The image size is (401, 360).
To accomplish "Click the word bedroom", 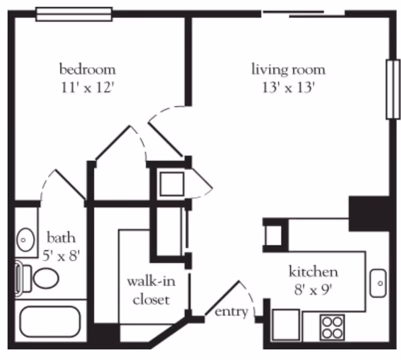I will (x=88, y=68).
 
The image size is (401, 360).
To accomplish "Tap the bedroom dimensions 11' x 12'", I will (x=88, y=88).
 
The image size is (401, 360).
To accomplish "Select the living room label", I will (x=288, y=69).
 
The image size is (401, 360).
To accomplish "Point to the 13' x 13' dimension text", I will (x=288, y=88).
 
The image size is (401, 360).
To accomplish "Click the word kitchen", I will (x=313, y=272).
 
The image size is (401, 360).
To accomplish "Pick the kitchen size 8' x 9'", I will (x=313, y=289).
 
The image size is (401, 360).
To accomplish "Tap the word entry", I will (x=231, y=312).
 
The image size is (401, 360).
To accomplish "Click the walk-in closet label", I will (x=148, y=290).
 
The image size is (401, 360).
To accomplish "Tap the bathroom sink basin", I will (x=24, y=239).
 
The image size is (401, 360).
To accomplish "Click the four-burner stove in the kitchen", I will (x=332, y=328).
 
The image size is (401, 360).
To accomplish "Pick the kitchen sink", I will (x=378, y=283).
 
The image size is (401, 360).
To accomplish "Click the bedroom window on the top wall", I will (x=74, y=14).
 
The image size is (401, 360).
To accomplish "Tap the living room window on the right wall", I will (x=392, y=90).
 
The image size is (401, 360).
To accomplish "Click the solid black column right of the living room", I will (x=369, y=213).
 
